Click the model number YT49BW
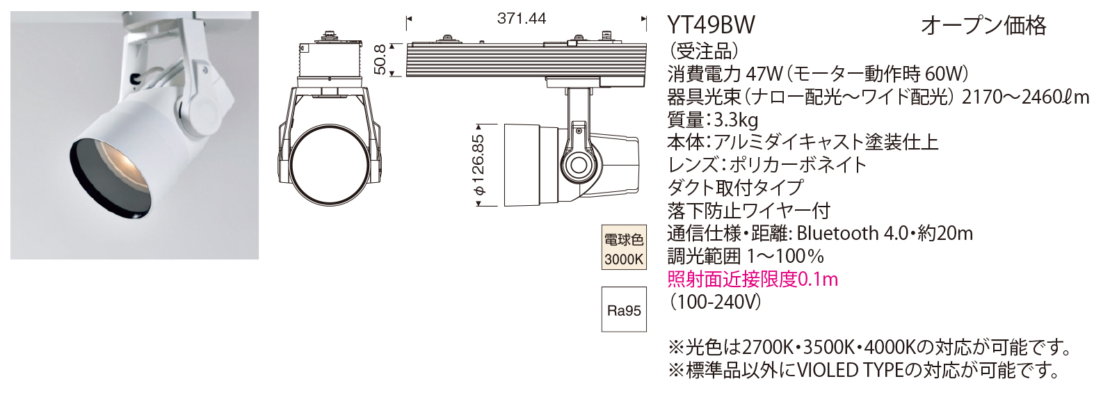(710, 25)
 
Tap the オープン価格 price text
(983, 26)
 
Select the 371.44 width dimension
(521, 19)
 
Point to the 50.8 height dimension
(380, 59)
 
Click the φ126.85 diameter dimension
(478, 166)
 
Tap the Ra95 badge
(624, 310)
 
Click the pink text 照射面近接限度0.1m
(752, 280)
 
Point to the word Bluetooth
(837, 234)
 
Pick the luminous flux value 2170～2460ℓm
(1024, 97)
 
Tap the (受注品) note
(703, 51)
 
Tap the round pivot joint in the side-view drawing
(577, 166)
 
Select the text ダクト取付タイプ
(735, 188)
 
